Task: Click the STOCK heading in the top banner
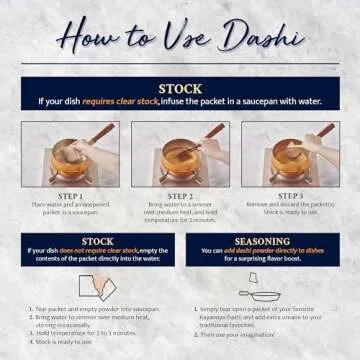point(180,89)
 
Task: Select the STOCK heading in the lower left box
point(97,241)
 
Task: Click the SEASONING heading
point(262,241)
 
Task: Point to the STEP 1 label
point(69,196)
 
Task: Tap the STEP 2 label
point(180,196)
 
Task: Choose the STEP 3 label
point(290,196)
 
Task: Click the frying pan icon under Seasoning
point(263,295)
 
